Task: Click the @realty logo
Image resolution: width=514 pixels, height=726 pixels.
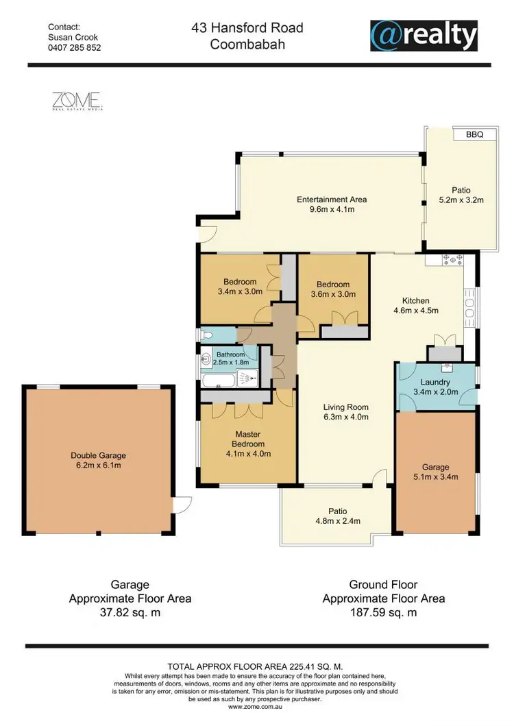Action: point(423,35)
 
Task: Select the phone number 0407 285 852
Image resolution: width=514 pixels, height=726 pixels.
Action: point(74,48)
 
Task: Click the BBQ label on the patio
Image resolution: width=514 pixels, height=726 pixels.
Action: point(474,135)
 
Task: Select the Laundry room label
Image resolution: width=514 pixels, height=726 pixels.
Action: point(435,383)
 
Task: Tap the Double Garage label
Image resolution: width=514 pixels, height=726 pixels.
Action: point(99,455)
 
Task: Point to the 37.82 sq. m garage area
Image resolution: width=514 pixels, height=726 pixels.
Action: point(130,613)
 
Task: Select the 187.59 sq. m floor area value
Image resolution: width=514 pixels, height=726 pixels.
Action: point(383,613)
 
